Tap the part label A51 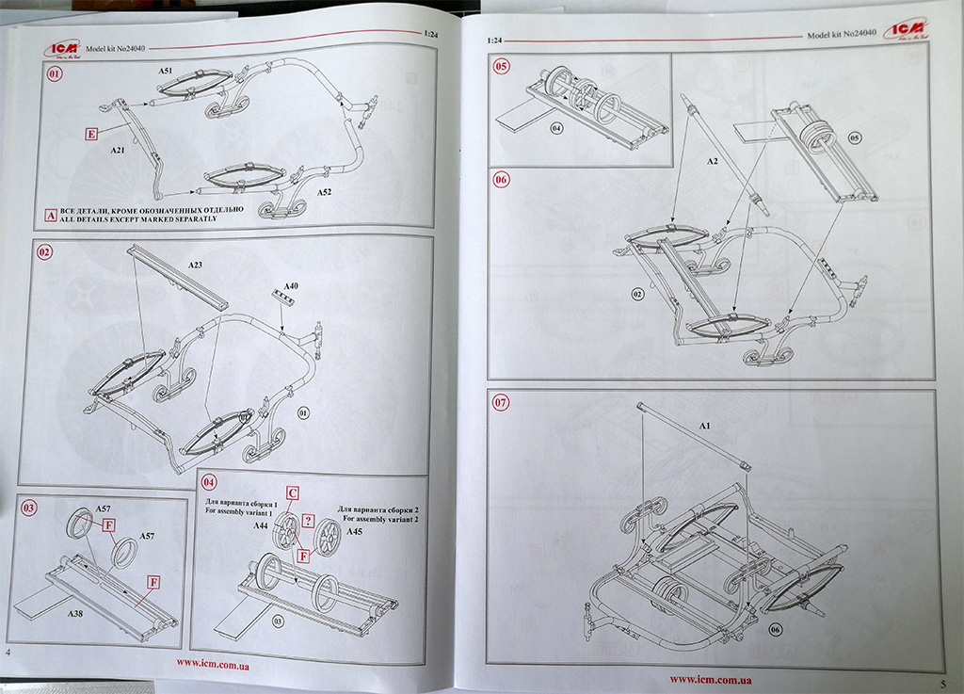[165, 71]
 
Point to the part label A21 [118, 151]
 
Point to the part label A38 [74, 612]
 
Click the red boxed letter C [293, 492]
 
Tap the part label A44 [261, 527]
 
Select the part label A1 [702, 427]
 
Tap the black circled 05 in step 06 [855, 137]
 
